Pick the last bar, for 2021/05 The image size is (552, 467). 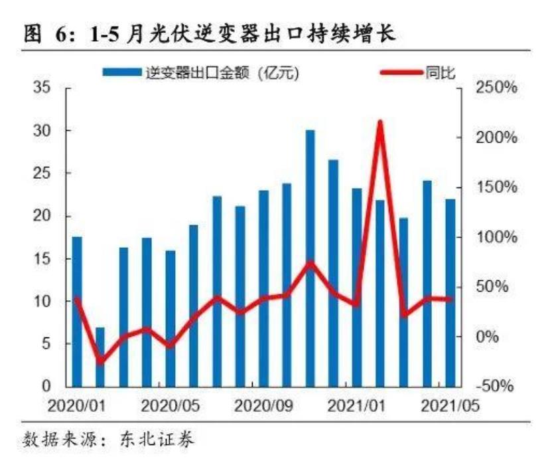tap(450, 292)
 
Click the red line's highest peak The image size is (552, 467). tap(380, 122)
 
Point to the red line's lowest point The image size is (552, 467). tap(100, 362)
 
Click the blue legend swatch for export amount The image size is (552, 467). tap(123, 72)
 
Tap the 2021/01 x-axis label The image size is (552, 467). tap(356, 404)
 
